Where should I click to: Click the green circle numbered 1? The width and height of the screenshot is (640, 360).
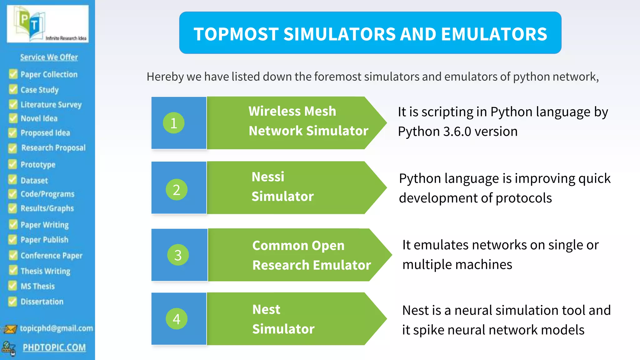tap(174, 123)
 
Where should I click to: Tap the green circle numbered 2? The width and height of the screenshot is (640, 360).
tap(176, 189)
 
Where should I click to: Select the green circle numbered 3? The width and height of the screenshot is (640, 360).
tap(178, 255)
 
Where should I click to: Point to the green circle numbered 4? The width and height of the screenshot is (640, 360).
tap(177, 319)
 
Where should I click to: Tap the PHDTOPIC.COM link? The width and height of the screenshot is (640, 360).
tap(54, 347)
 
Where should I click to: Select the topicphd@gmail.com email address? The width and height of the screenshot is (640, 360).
tap(56, 328)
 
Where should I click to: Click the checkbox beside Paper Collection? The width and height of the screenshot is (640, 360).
tap(13, 74)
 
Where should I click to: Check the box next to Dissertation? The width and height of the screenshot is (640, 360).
tap(12, 302)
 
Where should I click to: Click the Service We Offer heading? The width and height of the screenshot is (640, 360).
tap(49, 57)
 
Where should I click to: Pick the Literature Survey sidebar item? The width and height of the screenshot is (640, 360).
tap(51, 104)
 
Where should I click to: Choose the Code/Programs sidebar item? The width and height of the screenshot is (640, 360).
tap(47, 194)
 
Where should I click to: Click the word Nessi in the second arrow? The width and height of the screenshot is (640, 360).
tap(268, 177)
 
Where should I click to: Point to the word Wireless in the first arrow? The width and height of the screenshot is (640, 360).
tap(272, 111)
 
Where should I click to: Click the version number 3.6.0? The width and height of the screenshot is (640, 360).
tap(457, 132)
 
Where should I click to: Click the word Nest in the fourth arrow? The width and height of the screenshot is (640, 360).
tap(266, 310)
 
